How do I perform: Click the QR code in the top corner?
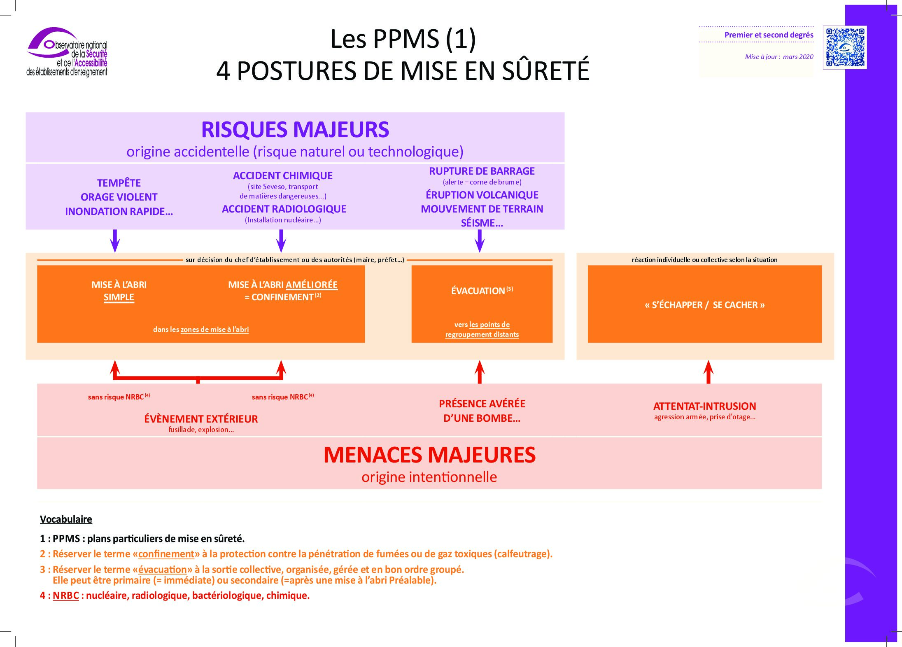(844, 47)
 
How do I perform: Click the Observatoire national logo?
(67, 52)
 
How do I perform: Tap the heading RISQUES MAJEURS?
(295, 129)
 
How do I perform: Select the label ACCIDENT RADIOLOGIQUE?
(284, 209)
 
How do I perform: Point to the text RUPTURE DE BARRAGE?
(482, 171)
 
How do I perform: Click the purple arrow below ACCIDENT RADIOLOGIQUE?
(281, 241)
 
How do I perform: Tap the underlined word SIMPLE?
(119, 297)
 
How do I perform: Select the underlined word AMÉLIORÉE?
(312, 285)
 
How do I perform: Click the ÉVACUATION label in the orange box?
(478, 291)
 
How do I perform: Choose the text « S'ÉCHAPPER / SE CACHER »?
(704, 305)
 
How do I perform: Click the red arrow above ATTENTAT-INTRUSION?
(708, 371)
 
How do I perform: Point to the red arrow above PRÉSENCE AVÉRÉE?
(480, 371)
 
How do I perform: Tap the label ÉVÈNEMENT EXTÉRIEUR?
(201, 419)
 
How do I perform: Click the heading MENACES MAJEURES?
(429, 455)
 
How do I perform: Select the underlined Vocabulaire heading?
(66, 519)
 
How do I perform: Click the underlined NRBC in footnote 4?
(66, 596)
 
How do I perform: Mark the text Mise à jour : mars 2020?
(779, 57)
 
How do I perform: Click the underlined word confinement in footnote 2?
(166, 554)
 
